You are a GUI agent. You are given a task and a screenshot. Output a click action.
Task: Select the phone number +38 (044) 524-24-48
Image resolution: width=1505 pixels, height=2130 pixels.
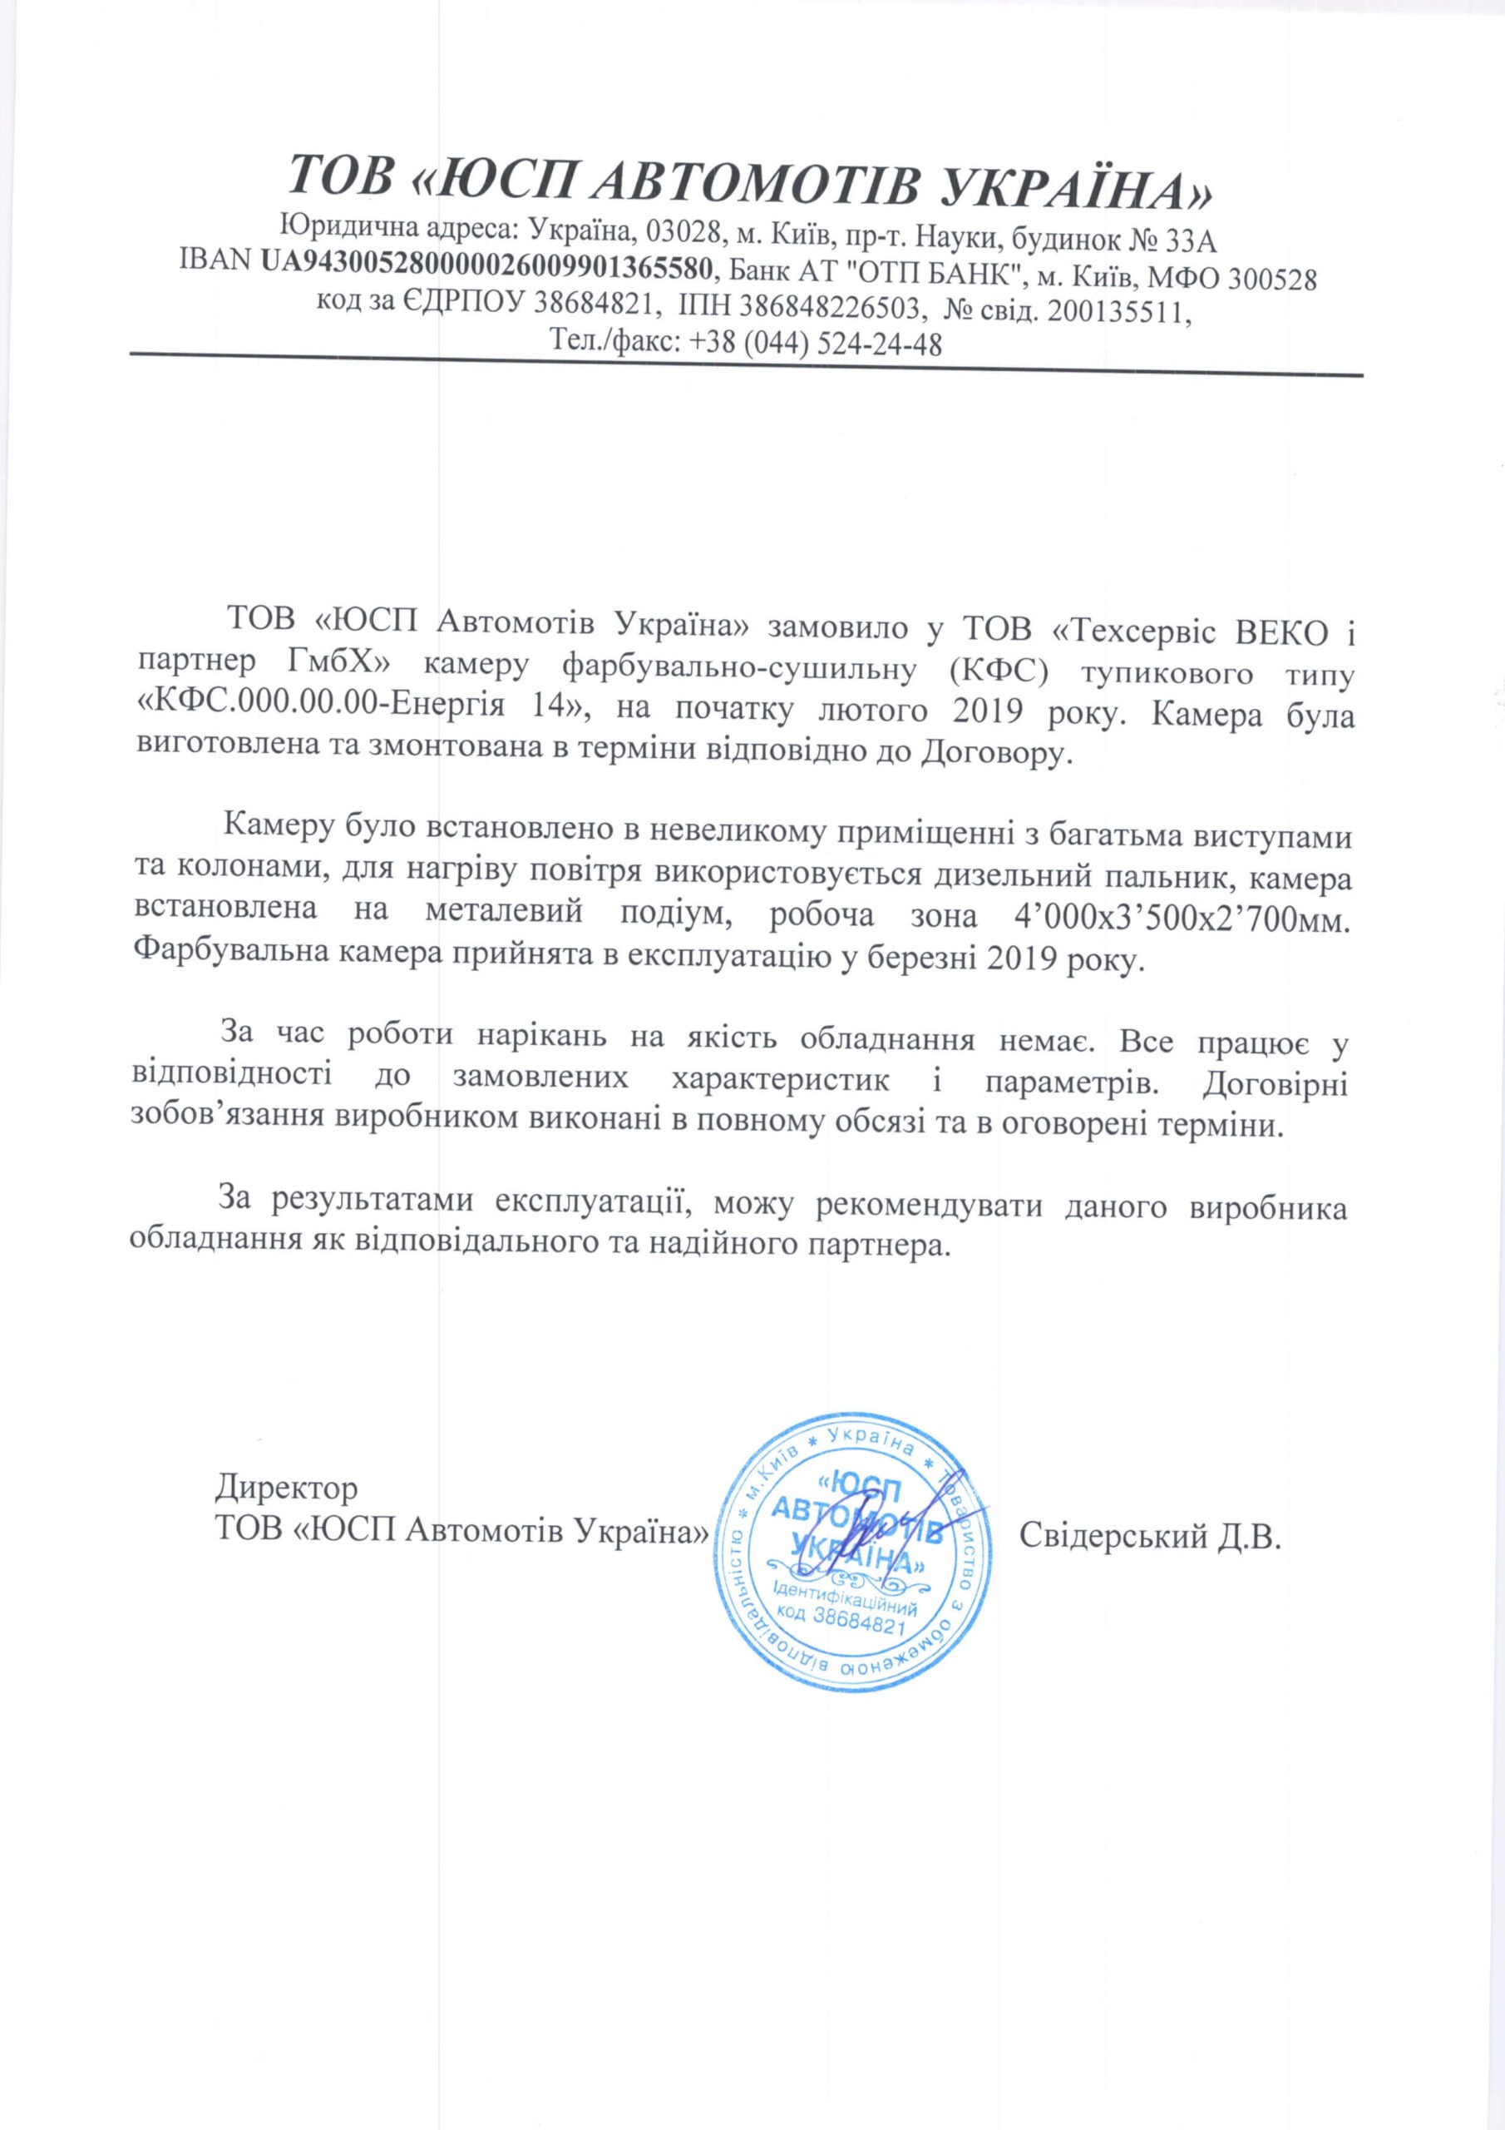pos(816,344)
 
